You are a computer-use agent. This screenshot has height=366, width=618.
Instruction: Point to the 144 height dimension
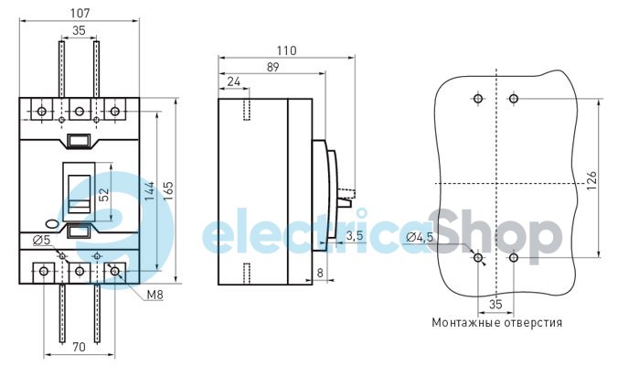[150, 189]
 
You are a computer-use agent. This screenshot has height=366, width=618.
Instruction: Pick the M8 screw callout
[153, 295]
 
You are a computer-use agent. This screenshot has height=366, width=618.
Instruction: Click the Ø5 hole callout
[41, 240]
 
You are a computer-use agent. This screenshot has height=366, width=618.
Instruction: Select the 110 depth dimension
[286, 51]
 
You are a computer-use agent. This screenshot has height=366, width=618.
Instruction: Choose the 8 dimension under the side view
[319, 272]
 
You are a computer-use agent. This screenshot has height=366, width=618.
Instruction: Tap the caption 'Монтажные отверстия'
[497, 322]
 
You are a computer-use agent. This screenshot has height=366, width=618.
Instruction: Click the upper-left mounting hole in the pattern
[477, 98]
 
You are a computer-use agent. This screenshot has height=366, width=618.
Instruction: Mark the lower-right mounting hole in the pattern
[514, 259]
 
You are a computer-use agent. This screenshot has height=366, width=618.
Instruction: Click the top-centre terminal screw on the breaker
[79, 112]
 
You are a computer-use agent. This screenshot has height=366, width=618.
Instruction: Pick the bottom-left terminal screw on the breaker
[43, 271]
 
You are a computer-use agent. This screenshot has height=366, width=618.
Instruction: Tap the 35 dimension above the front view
[79, 31]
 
